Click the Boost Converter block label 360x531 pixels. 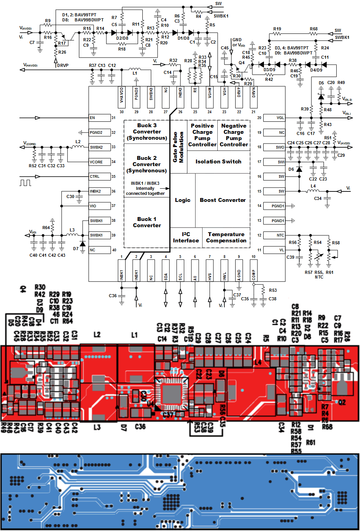tap(223, 200)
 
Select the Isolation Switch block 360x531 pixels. tap(218, 161)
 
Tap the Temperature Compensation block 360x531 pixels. tap(226, 237)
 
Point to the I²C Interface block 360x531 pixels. tap(186, 237)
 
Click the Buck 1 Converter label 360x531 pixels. tap(147, 222)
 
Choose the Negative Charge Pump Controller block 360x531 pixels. tap(234, 135)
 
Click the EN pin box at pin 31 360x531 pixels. tap(100, 117)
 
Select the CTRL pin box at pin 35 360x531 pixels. tap(100, 176)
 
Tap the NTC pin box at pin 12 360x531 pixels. tap(274, 235)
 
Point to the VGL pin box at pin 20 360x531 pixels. tap(274, 117)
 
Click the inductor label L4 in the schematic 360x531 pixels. tap(313, 186)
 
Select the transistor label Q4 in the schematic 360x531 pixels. tap(241, 63)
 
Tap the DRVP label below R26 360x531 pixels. tap(63, 65)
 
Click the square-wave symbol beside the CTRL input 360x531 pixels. tap(25, 182)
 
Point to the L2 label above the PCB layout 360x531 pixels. tap(97, 335)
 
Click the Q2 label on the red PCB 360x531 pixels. tap(342, 402)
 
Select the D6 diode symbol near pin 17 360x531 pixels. tap(299, 169)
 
